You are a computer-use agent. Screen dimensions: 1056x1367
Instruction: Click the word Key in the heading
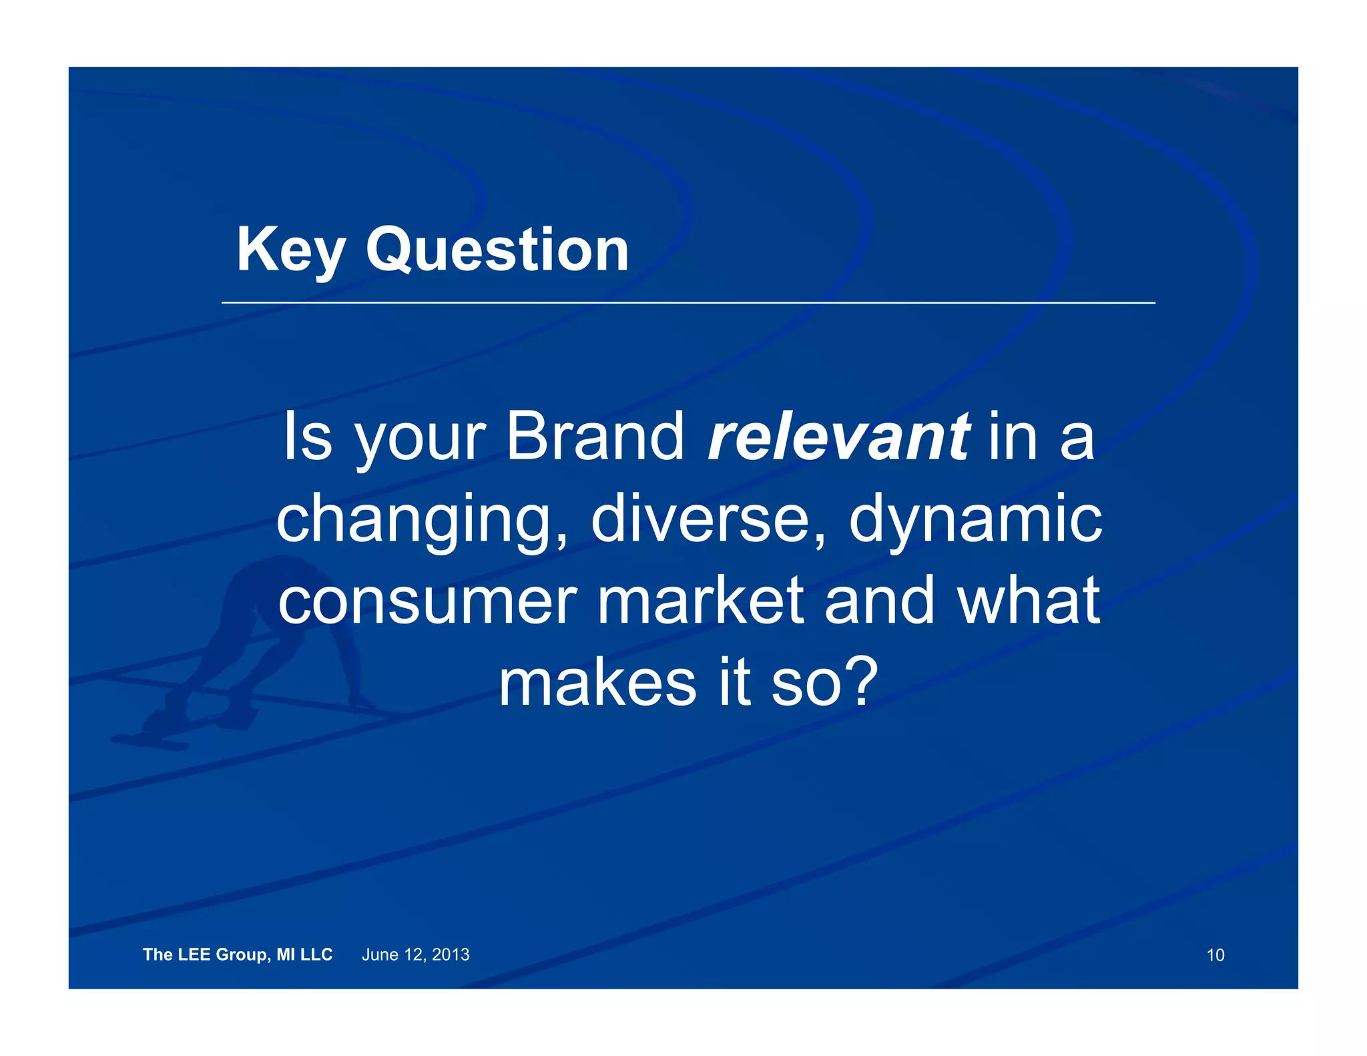tap(290, 250)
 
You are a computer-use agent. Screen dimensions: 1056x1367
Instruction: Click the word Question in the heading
tap(497, 250)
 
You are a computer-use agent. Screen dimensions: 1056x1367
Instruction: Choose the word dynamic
tap(975, 521)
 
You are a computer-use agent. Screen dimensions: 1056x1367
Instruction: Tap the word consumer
tap(427, 602)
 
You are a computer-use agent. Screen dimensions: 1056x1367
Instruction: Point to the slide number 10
tap(1215, 955)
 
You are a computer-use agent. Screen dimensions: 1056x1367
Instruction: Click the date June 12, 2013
tap(415, 955)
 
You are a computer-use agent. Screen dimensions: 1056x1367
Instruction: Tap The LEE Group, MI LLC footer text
tap(238, 955)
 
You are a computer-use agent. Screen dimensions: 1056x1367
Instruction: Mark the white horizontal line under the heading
tap(688, 302)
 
